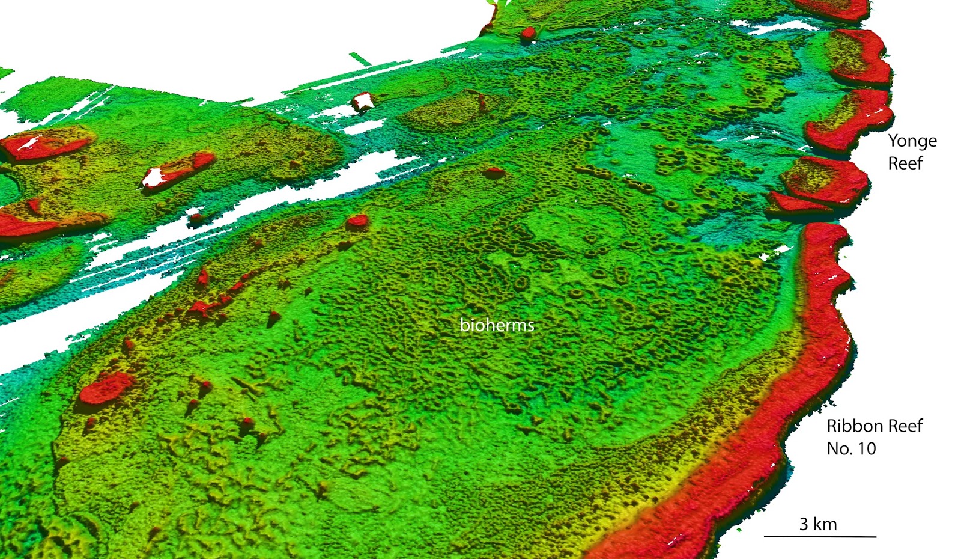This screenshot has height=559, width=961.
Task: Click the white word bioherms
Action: [497, 325]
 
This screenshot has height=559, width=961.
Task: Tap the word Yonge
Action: [912, 141]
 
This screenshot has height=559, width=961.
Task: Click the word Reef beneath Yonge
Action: [905, 163]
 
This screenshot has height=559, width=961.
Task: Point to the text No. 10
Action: [851, 448]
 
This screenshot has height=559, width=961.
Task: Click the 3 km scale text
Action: [817, 524]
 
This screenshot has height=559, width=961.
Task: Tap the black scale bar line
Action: [820, 536]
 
